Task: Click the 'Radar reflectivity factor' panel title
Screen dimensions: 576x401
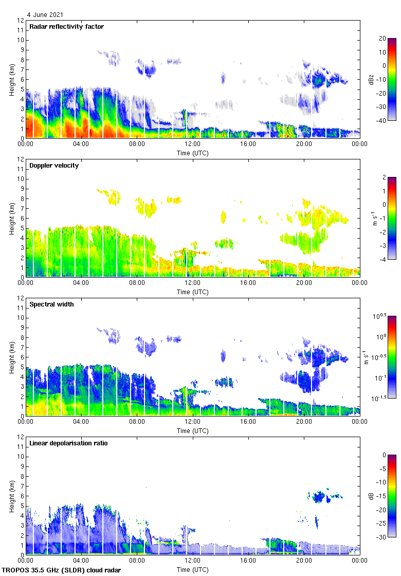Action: point(67,27)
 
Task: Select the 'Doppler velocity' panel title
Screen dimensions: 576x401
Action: point(54,166)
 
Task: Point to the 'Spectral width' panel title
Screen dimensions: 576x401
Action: point(51,304)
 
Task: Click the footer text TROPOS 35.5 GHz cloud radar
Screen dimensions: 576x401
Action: point(62,570)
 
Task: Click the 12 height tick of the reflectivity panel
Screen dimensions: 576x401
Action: point(21,21)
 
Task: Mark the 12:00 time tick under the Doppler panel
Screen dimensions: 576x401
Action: point(192,283)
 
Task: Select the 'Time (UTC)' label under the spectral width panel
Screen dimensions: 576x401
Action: point(193,430)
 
